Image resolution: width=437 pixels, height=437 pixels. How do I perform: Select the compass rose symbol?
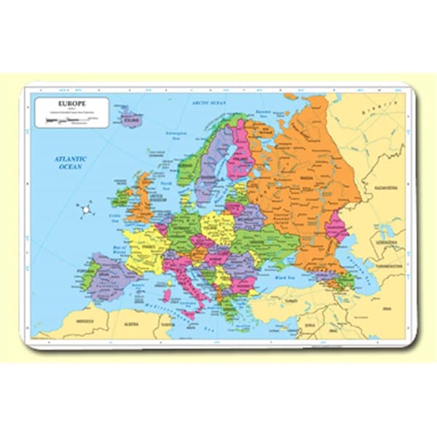coord(85,210)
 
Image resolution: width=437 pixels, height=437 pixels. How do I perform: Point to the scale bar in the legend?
coord(70,121)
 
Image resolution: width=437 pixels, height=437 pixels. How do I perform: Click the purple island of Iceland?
coord(131,118)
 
